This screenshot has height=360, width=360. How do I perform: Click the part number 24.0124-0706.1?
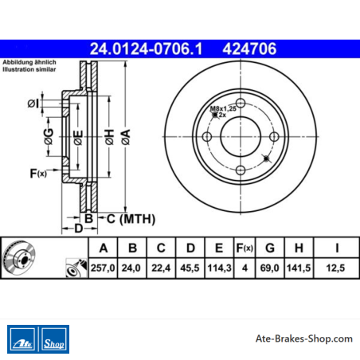click(146, 49)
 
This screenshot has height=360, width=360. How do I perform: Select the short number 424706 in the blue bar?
click(249, 49)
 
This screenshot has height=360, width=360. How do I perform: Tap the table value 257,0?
click(103, 268)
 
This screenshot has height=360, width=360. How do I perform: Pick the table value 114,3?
click(219, 268)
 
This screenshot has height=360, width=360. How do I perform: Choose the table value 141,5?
click(299, 268)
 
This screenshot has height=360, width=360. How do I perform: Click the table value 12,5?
click(335, 268)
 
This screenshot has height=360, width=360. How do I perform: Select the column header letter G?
click(270, 248)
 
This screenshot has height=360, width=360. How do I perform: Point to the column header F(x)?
click(245, 248)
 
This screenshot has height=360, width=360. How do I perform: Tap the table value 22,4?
click(161, 268)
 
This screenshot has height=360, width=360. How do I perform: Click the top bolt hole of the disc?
click(241, 103)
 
